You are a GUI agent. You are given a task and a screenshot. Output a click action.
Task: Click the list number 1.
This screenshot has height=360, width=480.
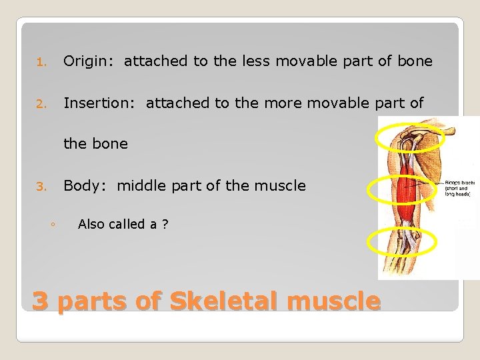(x=40, y=63)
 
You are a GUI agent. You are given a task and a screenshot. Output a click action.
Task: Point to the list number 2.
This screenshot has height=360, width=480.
(x=40, y=104)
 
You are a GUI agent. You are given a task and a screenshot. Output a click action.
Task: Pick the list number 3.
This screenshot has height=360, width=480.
(x=40, y=187)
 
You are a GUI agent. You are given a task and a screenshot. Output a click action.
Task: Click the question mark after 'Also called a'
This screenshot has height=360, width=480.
(x=165, y=225)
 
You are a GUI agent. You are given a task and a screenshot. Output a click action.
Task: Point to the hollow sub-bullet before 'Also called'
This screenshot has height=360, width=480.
(x=52, y=225)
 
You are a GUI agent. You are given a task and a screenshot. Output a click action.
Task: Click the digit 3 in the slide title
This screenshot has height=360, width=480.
(x=41, y=301)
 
